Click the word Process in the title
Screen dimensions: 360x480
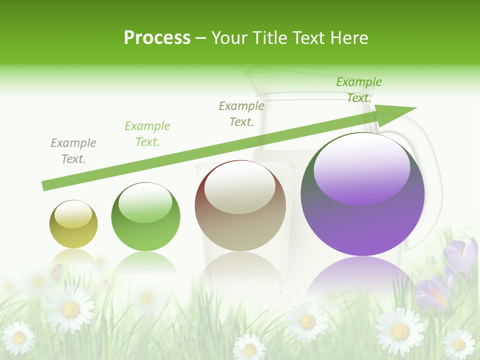click(x=157, y=38)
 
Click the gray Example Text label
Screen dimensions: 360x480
click(x=73, y=151)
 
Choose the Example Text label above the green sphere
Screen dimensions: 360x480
click(x=147, y=134)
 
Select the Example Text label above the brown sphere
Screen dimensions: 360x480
click(x=241, y=113)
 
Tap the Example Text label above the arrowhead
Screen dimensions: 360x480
click(x=359, y=90)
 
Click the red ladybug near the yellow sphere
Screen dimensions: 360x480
click(x=57, y=271)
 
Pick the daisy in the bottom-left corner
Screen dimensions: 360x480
click(x=19, y=337)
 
